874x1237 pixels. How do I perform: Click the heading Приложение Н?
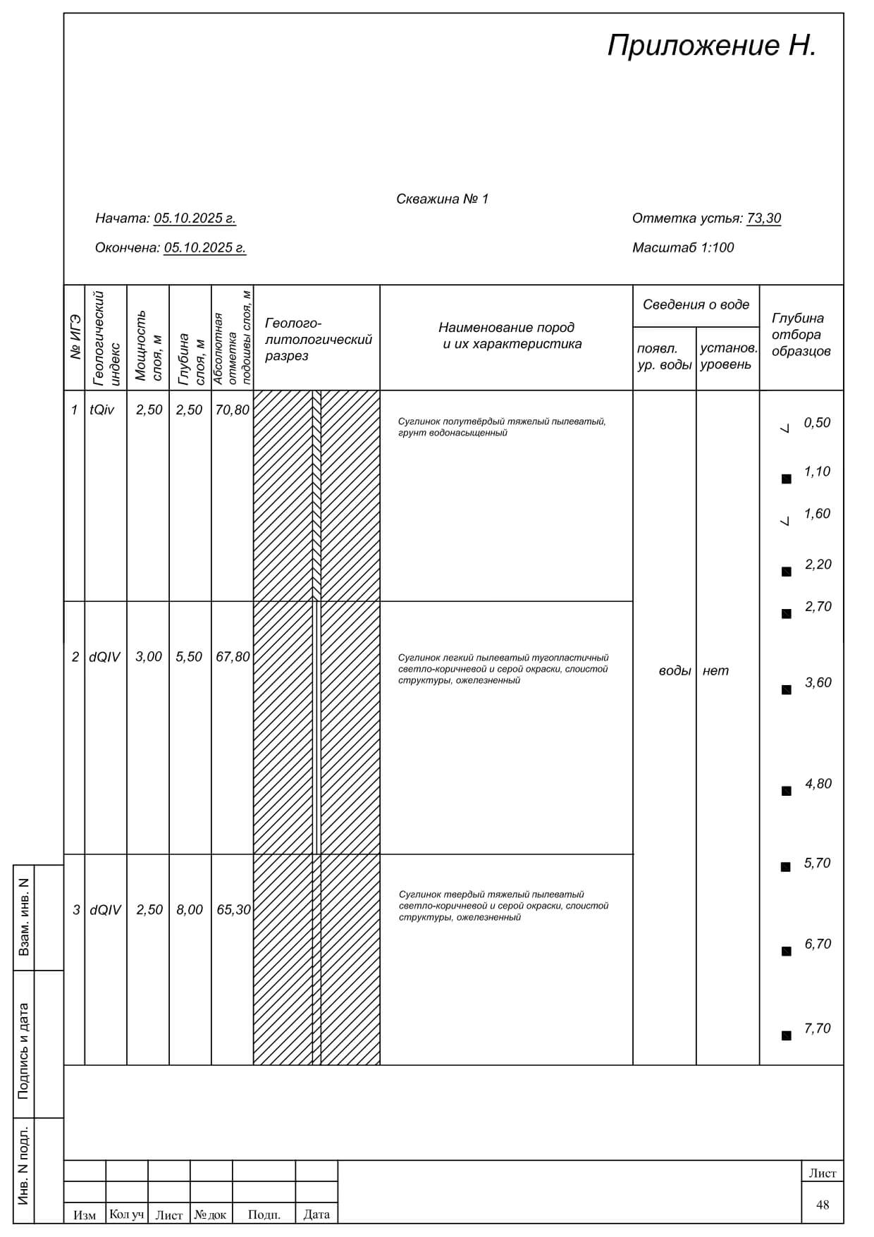pyautogui.click(x=712, y=46)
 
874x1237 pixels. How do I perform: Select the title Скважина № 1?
pyautogui.click(x=442, y=199)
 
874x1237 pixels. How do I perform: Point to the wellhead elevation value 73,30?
pyautogui.click(x=763, y=219)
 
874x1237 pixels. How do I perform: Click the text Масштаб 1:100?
pyautogui.click(x=682, y=248)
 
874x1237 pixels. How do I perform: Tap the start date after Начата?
pyautogui.click(x=195, y=219)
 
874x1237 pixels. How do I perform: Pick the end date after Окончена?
pyautogui.click(x=204, y=248)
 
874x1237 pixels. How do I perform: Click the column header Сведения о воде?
pyautogui.click(x=696, y=305)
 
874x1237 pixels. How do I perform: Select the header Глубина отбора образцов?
pyautogui.click(x=801, y=335)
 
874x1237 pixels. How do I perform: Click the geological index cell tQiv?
pyautogui.click(x=102, y=410)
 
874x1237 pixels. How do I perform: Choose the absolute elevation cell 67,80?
pyautogui.click(x=233, y=657)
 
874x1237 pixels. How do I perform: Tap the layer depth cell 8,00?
pyautogui.click(x=190, y=910)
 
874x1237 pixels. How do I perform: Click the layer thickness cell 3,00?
pyautogui.click(x=149, y=657)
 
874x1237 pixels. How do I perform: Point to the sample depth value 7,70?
pyautogui.click(x=817, y=1028)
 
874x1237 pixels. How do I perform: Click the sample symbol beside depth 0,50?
pyautogui.click(x=786, y=427)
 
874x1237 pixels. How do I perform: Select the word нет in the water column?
pyautogui.click(x=715, y=671)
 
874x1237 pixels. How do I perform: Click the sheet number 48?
pyautogui.click(x=823, y=1205)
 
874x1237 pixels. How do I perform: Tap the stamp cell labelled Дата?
pyautogui.click(x=316, y=1214)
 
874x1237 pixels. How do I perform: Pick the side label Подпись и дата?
pyautogui.click(x=24, y=1051)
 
